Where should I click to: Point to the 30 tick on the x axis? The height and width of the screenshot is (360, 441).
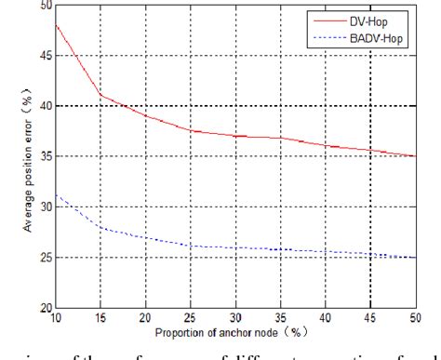coord(237,318)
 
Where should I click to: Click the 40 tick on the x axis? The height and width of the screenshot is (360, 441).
coord(327,318)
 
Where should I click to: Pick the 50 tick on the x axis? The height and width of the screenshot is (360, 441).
coord(417,318)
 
